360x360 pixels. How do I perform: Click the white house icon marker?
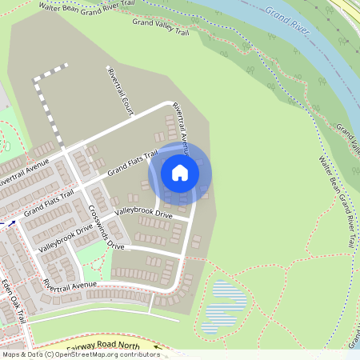tap(180, 172)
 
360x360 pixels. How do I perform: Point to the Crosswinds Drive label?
tap(106, 229)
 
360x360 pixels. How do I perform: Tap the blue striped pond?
tap(225, 306)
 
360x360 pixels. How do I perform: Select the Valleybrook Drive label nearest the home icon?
tap(143, 214)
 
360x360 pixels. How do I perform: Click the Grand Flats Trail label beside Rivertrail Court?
tap(133, 162)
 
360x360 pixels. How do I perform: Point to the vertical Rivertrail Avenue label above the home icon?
tap(180, 125)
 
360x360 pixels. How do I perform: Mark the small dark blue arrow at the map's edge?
tap(12, 225)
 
